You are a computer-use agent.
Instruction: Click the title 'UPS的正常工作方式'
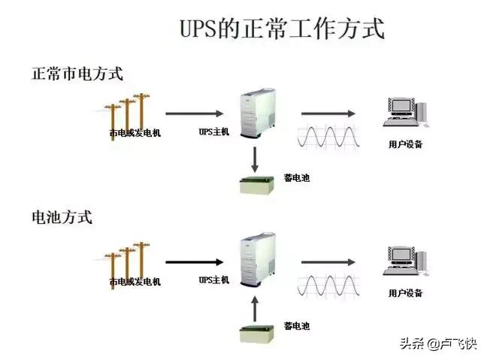[x=282, y=29]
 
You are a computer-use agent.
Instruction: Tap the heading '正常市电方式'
[x=77, y=74]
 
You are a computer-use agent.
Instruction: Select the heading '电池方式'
[x=62, y=218]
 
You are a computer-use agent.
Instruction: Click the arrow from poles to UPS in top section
[x=191, y=114]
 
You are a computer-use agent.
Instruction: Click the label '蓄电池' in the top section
[x=296, y=178]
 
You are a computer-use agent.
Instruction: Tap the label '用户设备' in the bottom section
[x=405, y=292]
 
